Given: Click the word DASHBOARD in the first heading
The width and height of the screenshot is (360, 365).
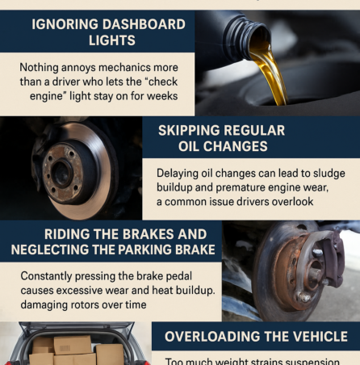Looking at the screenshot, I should [131, 23].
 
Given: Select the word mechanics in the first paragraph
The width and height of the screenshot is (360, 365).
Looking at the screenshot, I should [147, 68].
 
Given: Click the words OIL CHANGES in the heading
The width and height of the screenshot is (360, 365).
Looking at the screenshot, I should [223, 147].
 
